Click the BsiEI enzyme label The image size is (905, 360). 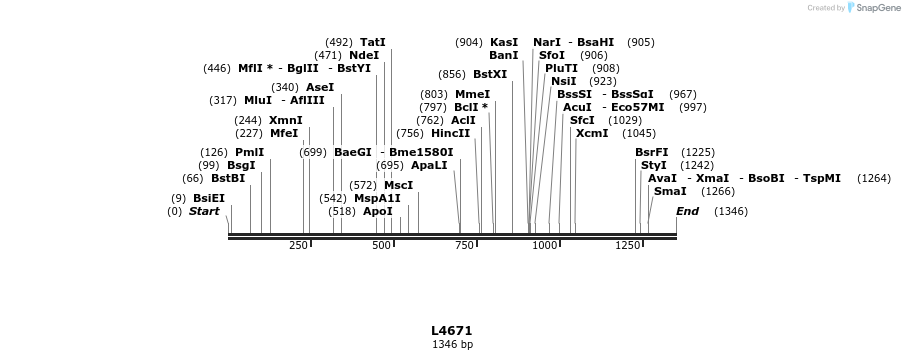click(x=209, y=198)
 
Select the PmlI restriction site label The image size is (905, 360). click(x=250, y=152)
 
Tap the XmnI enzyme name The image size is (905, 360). click(x=285, y=120)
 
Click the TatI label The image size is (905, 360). click(x=372, y=42)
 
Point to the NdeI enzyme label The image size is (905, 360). click(x=364, y=55)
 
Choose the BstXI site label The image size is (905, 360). click(x=490, y=74)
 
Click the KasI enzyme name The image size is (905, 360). click(x=504, y=42)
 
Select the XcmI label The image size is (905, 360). click(x=592, y=133)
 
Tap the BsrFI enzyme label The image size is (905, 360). click(x=651, y=152)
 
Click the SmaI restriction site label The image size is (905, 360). click(x=670, y=191)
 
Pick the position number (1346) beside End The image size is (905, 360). click(x=730, y=211)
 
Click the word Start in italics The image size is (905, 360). click(x=204, y=211)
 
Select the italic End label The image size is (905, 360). click(x=687, y=211)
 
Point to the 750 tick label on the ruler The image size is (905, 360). click(x=464, y=246)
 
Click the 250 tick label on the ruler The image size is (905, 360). click(x=298, y=246)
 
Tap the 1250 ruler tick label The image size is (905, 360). click(x=627, y=246)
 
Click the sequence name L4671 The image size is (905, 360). click(x=452, y=331)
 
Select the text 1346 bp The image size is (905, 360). click(x=452, y=345)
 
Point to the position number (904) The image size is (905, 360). click(x=469, y=42)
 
